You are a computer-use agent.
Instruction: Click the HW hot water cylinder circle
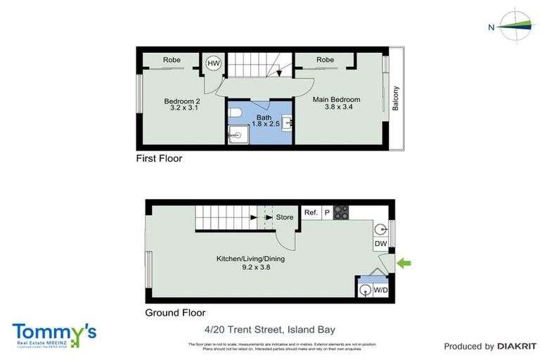(214, 64)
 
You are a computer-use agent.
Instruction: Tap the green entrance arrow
(404, 264)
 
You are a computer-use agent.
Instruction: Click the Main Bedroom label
(336, 100)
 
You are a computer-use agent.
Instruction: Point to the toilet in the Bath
(237, 112)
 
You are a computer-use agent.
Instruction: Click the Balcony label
(395, 98)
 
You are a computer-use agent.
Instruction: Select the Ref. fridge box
(311, 212)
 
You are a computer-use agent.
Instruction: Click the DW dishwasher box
(380, 243)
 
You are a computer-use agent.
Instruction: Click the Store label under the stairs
(284, 217)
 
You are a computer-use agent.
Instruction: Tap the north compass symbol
(517, 26)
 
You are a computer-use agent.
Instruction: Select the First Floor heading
(159, 159)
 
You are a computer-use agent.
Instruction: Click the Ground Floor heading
(175, 313)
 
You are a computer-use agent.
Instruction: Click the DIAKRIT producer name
(517, 346)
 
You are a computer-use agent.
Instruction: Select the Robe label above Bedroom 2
(172, 60)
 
